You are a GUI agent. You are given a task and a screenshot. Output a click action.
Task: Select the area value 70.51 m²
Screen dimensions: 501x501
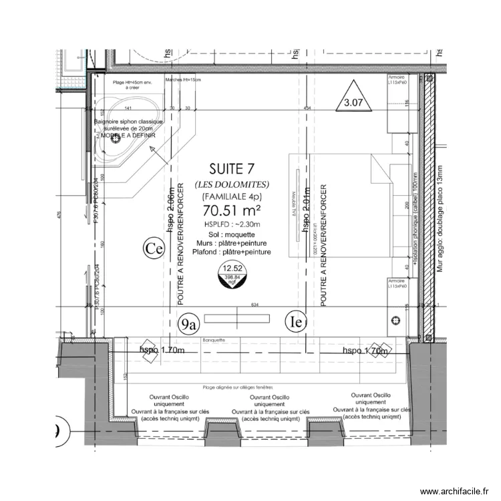coord(231,211)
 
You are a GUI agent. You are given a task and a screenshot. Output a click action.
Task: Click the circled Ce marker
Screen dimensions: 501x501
coord(154,249)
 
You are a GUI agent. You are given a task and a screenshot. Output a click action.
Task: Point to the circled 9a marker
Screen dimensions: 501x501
coord(190,324)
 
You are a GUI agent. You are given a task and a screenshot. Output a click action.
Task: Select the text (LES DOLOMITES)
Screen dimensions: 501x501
coord(231,184)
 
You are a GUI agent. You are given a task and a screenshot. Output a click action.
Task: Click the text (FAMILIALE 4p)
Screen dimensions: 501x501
coord(231,196)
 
